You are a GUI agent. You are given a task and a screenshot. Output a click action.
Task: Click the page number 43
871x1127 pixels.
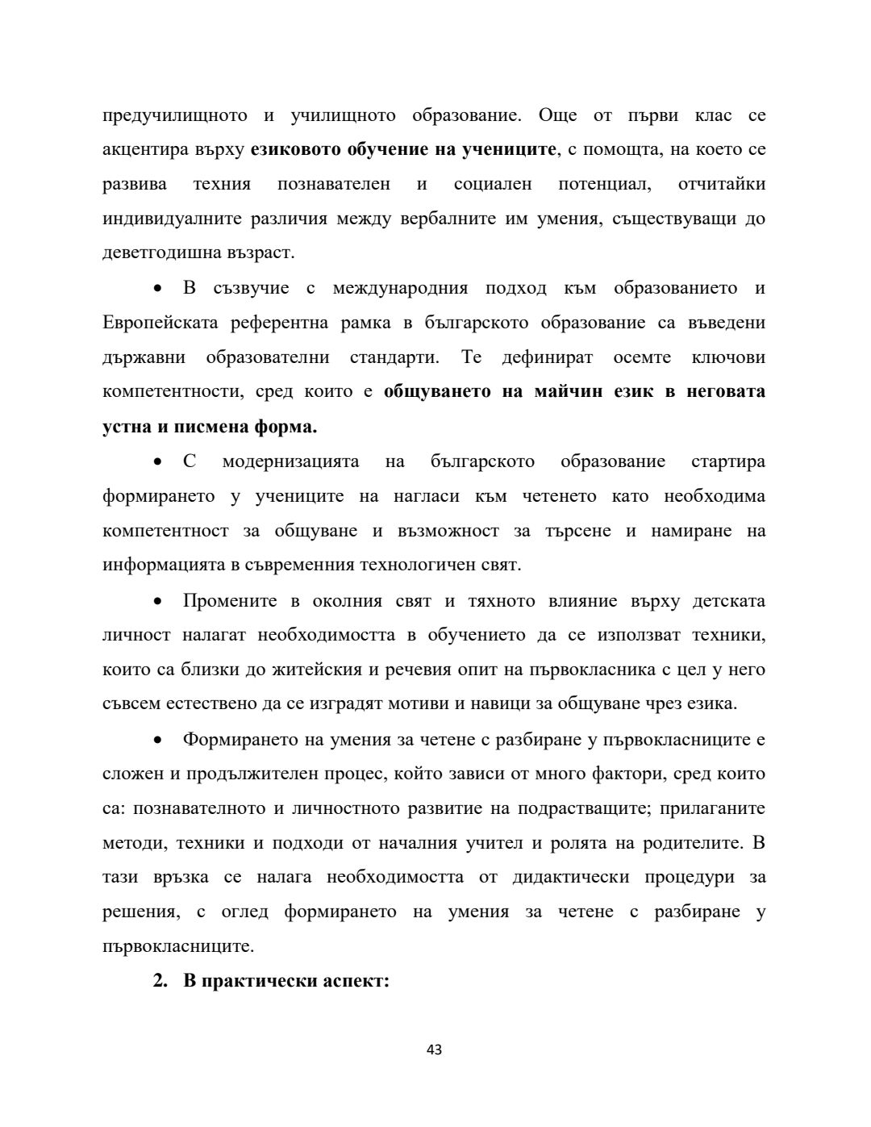tap(434, 1050)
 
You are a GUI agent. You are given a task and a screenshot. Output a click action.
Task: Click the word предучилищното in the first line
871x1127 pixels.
tap(175, 115)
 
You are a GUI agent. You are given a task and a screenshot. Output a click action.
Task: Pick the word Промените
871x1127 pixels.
tap(230, 601)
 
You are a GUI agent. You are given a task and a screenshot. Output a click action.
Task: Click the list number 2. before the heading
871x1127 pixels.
tap(160, 982)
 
